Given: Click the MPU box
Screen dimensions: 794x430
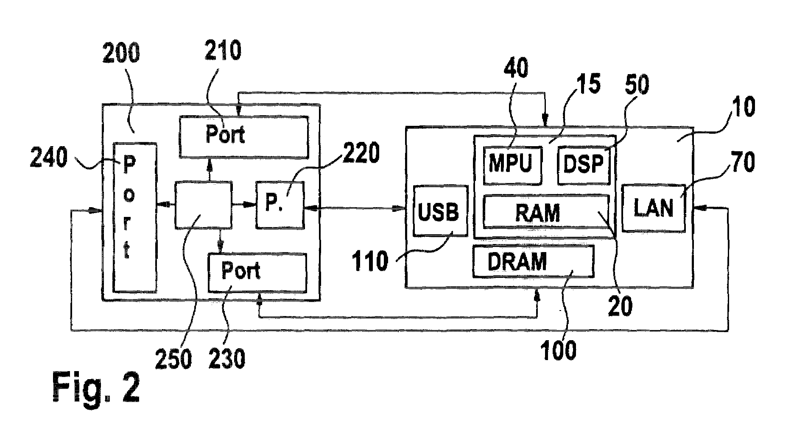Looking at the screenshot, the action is point(513,165).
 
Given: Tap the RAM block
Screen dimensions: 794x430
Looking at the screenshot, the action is point(546,211).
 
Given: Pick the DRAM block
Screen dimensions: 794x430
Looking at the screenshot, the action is point(534,261).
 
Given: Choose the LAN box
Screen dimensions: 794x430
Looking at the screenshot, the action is point(654,208).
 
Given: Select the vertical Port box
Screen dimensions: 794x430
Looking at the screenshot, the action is point(134,217).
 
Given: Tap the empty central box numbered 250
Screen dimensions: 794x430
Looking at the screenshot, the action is point(204,205).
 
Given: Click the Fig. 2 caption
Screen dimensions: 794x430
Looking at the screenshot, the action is point(96,388).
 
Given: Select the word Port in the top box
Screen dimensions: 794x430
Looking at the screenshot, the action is point(225,135).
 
